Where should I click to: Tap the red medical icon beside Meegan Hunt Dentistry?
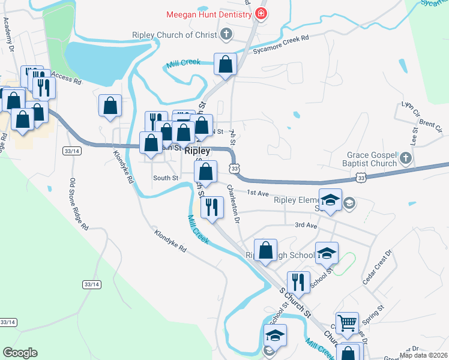coord(261,13)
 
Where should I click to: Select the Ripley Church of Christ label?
coord(174,35)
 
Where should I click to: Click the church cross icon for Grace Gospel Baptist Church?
coord(406,158)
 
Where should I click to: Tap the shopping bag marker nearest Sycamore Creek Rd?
coord(226,64)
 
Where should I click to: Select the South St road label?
coord(166,178)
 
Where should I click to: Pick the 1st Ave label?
coord(257,193)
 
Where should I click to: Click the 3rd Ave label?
coord(305,225)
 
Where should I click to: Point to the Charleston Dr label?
coord(233,204)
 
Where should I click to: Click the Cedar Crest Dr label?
coord(376,268)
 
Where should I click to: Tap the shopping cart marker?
coord(347,322)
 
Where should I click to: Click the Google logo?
coord(20,352)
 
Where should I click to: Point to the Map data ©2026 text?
coord(424,355)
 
